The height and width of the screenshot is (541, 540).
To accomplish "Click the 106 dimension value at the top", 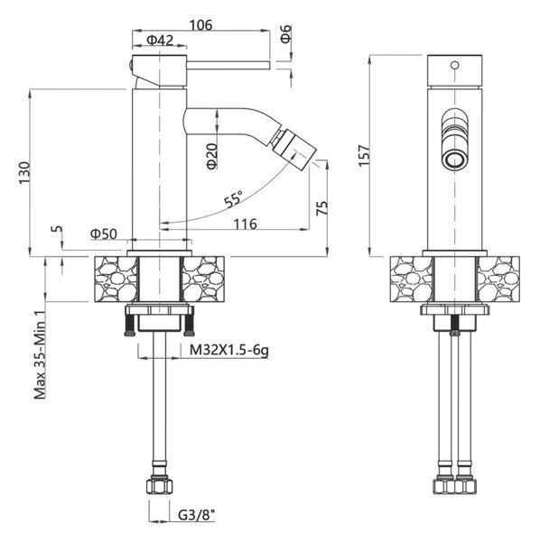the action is (x=200, y=25).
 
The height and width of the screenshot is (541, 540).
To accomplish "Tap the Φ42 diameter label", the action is (x=160, y=41).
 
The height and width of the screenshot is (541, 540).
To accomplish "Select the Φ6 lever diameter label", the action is (x=286, y=34).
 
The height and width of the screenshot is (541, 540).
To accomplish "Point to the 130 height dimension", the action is (x=24, y=172).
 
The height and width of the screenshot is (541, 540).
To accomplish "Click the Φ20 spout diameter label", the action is (x=212, y=156).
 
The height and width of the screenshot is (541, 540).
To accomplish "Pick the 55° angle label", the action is (x=234, y=199).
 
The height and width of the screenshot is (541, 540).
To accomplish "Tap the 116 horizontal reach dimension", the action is (x=246, y=225).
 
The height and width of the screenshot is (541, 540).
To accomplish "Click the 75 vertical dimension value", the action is (x=321, y=208).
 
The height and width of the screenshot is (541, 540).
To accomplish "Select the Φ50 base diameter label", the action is (x=104, y=234).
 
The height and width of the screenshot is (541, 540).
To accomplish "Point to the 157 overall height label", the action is (x=364, y=156).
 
